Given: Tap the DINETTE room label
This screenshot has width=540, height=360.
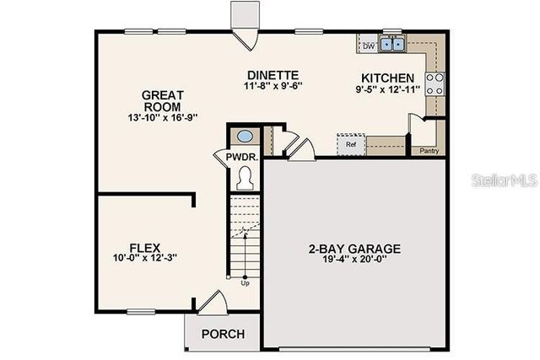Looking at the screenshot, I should coord(273,74).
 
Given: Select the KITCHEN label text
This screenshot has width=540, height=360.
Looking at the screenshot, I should coord(387,77).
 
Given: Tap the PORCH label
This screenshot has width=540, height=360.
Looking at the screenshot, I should coord(223,334).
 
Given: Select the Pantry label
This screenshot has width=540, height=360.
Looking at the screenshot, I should coord(429,151).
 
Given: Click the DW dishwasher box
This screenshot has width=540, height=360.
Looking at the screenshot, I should coord(369,46).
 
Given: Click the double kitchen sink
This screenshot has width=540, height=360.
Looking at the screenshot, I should coord(392,45).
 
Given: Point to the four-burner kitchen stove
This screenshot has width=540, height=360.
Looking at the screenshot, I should coord(435,83).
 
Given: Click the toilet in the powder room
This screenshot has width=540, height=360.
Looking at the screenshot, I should coord(246,177).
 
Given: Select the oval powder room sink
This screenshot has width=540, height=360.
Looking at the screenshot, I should coord(245,137).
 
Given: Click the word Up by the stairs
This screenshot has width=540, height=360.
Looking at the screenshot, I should coord(246,283).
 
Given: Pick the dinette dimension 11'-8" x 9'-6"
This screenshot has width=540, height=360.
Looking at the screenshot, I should coord(273,85).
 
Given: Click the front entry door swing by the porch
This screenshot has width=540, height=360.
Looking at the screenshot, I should coord(210,302).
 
